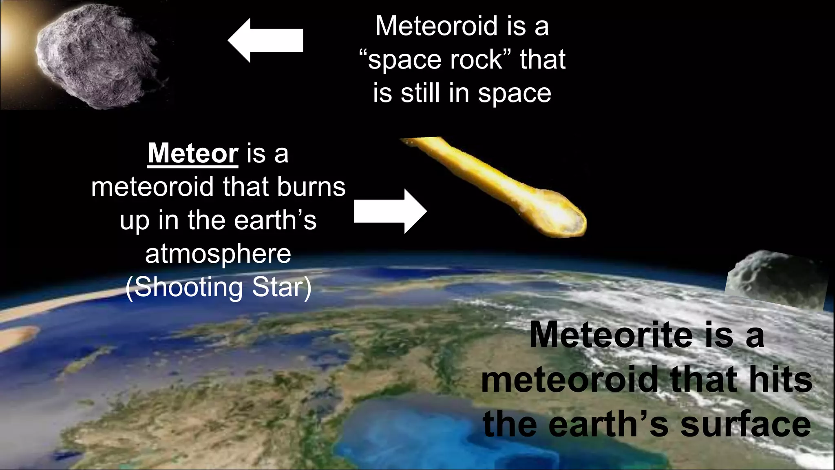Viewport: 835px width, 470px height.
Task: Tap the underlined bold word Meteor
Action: tap(193, 153)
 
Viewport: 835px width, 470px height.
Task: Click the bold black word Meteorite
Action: tap(611, 335)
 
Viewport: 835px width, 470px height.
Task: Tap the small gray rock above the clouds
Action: tap(775, 277)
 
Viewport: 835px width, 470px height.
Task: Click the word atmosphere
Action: tap(218, 254)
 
